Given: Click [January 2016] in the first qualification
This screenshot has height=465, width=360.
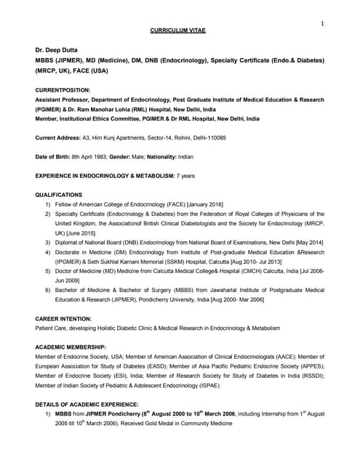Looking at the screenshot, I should pyautogui.click(x=203, y=205).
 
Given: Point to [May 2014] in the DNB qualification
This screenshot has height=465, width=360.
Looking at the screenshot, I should pyautogui.click(x=308, y=242).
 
